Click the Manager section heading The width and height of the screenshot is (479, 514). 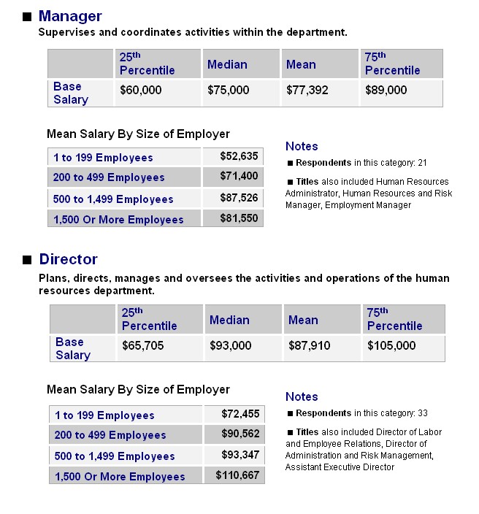pyautogui.click(x=70, y=16)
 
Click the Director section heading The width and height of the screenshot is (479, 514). pyautogui.click(x=68, y=259)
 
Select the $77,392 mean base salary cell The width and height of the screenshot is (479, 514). pyautogui.click(x=307, y=90)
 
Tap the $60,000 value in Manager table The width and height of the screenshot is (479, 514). pyautogui.click(x=141, y=90)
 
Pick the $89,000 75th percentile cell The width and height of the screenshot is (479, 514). pyautogui.click(x=386, y=90)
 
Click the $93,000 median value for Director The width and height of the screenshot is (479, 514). pyautogui.click(x=231, y=345)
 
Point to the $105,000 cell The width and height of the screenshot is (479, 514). pyautogui.click(x=391, y=345)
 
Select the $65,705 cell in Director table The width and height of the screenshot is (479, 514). pyautogui.click(x=143, y=345)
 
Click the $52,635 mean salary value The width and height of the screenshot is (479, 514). pyautogui.click(x=239, y=156)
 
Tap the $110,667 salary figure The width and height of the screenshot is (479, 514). pyautogui.click(x=238, y=475)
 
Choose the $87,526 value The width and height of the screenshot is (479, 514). pyautogui.click(x=239, y=198)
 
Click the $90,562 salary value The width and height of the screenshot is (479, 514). pyautogui.click(x=240, y=434)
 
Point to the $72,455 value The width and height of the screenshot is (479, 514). pyautogui.click(x=240, y=414)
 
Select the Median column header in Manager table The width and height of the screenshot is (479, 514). pyautogui.click(x=227, y=64)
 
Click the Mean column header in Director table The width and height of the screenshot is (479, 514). pyautogui.click(x=303, y=320)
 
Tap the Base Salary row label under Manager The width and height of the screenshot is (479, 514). pyautogui.click(x=71, y=93)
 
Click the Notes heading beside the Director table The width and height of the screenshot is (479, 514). pyautogui.click(x=302, y=396)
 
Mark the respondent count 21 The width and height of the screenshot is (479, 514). pyautogui.click(x=422, y=163)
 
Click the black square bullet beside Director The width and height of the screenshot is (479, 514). pyautogui.click(x=27, y=260)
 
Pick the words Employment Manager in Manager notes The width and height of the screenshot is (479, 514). pyautogui.click(x=368, y=205)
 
